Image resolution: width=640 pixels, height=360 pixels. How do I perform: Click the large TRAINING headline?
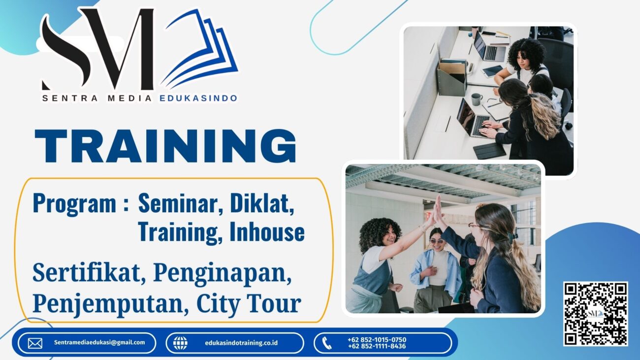pos(165,146)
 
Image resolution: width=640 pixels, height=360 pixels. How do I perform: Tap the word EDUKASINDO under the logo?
pos(198,98)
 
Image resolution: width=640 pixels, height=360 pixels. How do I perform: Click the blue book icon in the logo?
pos(199,49)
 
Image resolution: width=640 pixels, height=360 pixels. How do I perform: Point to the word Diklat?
pos(262,203)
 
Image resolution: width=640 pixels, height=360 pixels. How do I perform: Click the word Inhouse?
pos(267,231)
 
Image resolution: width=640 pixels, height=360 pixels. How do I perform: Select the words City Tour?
pos(249,304)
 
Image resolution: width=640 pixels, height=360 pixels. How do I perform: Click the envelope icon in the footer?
pos(35,343)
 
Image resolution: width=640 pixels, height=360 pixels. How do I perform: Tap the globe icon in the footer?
pos(181,343)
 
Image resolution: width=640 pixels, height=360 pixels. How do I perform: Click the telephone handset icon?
pos(326,343)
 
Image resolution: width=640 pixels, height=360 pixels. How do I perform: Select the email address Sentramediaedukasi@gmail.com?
pos(99,342)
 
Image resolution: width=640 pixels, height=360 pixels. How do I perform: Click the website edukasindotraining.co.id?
pos(241,343)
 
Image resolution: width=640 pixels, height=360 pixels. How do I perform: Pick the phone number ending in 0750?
pos(377,340)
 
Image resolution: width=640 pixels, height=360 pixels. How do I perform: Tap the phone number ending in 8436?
pos(377,346)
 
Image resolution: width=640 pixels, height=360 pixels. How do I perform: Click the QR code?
pos(595,314)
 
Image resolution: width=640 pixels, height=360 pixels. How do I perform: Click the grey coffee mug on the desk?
pos(477,99)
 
